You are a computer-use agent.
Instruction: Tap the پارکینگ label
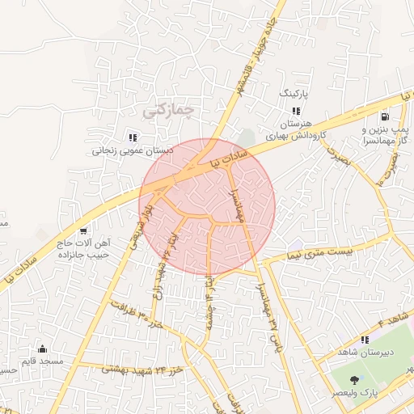coord(294,94)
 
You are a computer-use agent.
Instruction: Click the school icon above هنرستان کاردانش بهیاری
coord(296,110)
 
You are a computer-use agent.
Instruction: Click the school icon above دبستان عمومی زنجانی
coord(133,137)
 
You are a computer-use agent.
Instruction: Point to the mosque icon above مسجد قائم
coord(42,349)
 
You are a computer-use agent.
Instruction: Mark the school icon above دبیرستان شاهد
coord(365,340)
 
